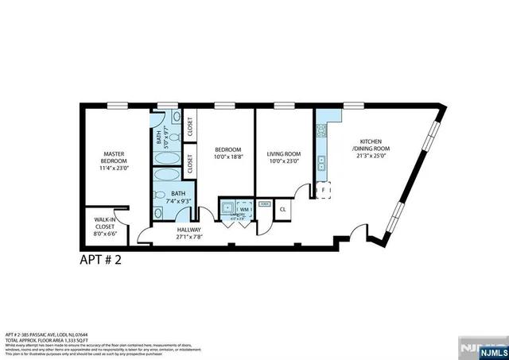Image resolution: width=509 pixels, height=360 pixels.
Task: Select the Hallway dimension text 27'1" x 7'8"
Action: (x=188, y=237)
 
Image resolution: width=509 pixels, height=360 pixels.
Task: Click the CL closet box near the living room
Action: (x=283, y=209)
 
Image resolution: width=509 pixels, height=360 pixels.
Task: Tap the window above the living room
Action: (x=284, y=104)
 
